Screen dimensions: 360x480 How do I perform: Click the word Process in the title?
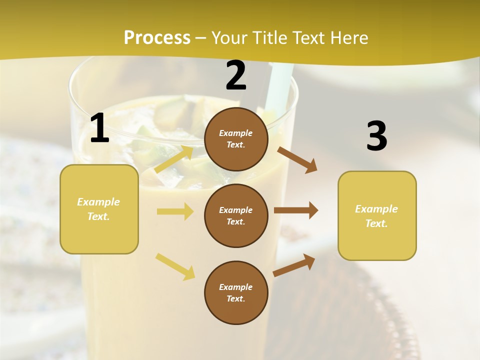[x=157, y=38]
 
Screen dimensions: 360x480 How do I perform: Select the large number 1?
[x=99, y=128]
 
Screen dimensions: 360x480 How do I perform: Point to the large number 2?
[x=236, y=75]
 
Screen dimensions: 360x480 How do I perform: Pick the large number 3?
[x=376, y=136]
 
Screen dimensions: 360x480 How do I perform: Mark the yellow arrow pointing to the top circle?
[x=174, y=159]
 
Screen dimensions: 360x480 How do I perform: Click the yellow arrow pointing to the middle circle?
[x=175, y=211]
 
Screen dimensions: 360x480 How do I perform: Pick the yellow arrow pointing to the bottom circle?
[x=175, y=266]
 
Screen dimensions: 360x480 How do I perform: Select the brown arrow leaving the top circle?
[x=297, y=160]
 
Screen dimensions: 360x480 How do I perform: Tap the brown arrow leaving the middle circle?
[x=296, y=210]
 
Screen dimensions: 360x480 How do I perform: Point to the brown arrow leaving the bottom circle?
[x=294, y=265]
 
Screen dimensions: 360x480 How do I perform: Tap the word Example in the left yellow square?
[x=98, y=202]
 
